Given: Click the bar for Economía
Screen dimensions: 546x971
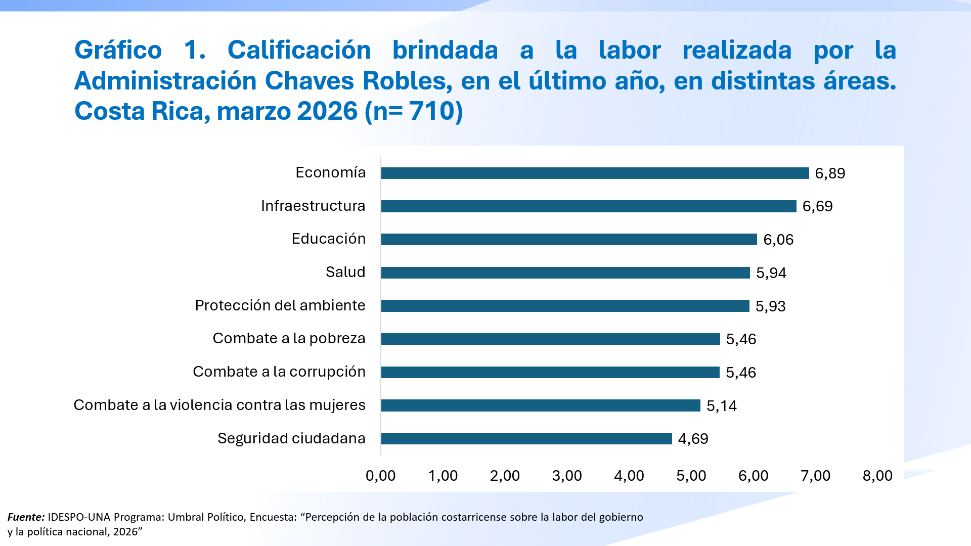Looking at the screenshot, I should coord(595,173).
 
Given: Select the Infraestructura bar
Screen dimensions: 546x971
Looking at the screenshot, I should coord(589,206).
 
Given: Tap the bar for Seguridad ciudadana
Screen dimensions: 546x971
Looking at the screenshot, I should coord(526,439).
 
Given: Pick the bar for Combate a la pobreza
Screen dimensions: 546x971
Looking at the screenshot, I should coord(550,339).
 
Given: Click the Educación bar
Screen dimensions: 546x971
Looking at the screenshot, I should coord(569,240).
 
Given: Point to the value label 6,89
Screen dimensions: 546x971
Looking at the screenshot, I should coord(830,173).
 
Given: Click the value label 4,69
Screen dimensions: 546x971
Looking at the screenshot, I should coord(693,439).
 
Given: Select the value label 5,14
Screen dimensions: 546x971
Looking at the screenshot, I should coord(721,406).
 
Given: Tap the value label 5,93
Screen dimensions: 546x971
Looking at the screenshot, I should coord(770,306).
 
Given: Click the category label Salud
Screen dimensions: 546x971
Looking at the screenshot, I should coord(345,272).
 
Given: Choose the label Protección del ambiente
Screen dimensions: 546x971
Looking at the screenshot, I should coord(280,305).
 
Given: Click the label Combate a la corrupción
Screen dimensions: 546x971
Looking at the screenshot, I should coord(279,372).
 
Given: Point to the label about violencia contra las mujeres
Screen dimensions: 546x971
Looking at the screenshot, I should coord(219,405).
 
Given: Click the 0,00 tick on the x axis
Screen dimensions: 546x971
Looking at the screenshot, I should coord(380,476).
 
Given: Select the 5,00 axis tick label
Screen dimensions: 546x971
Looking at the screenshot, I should coord(691,476).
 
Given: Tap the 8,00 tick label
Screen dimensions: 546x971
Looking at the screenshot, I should coord(877,476).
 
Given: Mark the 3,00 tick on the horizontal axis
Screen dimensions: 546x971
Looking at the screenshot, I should coord(567,476).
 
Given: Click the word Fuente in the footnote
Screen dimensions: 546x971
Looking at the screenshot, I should coord(26,517).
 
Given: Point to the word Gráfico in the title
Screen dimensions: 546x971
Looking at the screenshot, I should coord(118,50).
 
